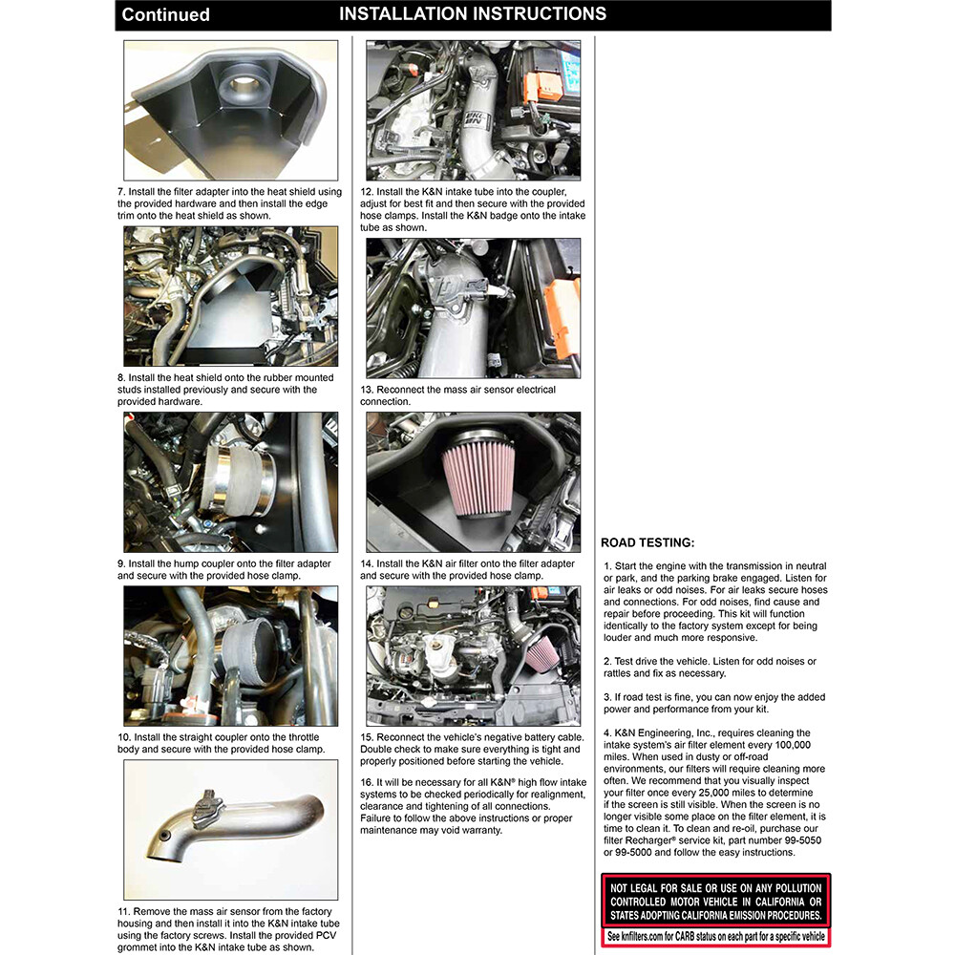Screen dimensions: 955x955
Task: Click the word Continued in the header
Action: coord(165,15)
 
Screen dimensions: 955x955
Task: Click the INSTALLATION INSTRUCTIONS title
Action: coord(472,14)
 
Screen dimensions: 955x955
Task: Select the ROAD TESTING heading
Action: coord(647,542)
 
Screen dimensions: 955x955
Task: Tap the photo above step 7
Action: coord(230,110)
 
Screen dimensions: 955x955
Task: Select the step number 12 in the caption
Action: coord(367,192)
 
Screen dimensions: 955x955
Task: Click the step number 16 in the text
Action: coord(367,782)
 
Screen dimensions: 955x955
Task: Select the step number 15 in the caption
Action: coord(367,738)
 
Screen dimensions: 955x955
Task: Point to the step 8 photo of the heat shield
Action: coord(230,297)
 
